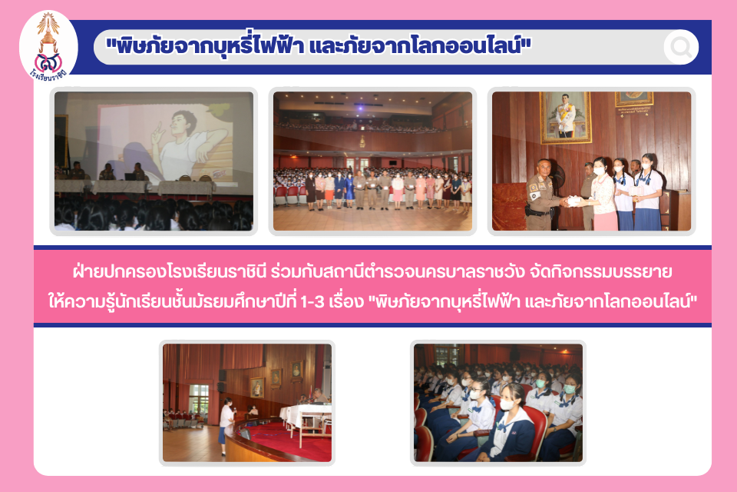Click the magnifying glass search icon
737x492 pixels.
pos(681,47)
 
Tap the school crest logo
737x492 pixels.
pos(48,46)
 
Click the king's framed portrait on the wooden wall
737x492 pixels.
pos(566,117)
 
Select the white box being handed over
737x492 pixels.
pos(575,201)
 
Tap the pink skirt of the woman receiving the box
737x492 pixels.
pos(604,221)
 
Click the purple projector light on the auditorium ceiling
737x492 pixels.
pos(361,108)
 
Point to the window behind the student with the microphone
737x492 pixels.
pos(199,401)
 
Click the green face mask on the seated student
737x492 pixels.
pos(569,389)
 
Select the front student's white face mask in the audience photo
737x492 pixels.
pos(506,404)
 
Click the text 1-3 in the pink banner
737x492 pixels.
pos(312,301)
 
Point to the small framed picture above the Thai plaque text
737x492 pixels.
pos(633,98)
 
